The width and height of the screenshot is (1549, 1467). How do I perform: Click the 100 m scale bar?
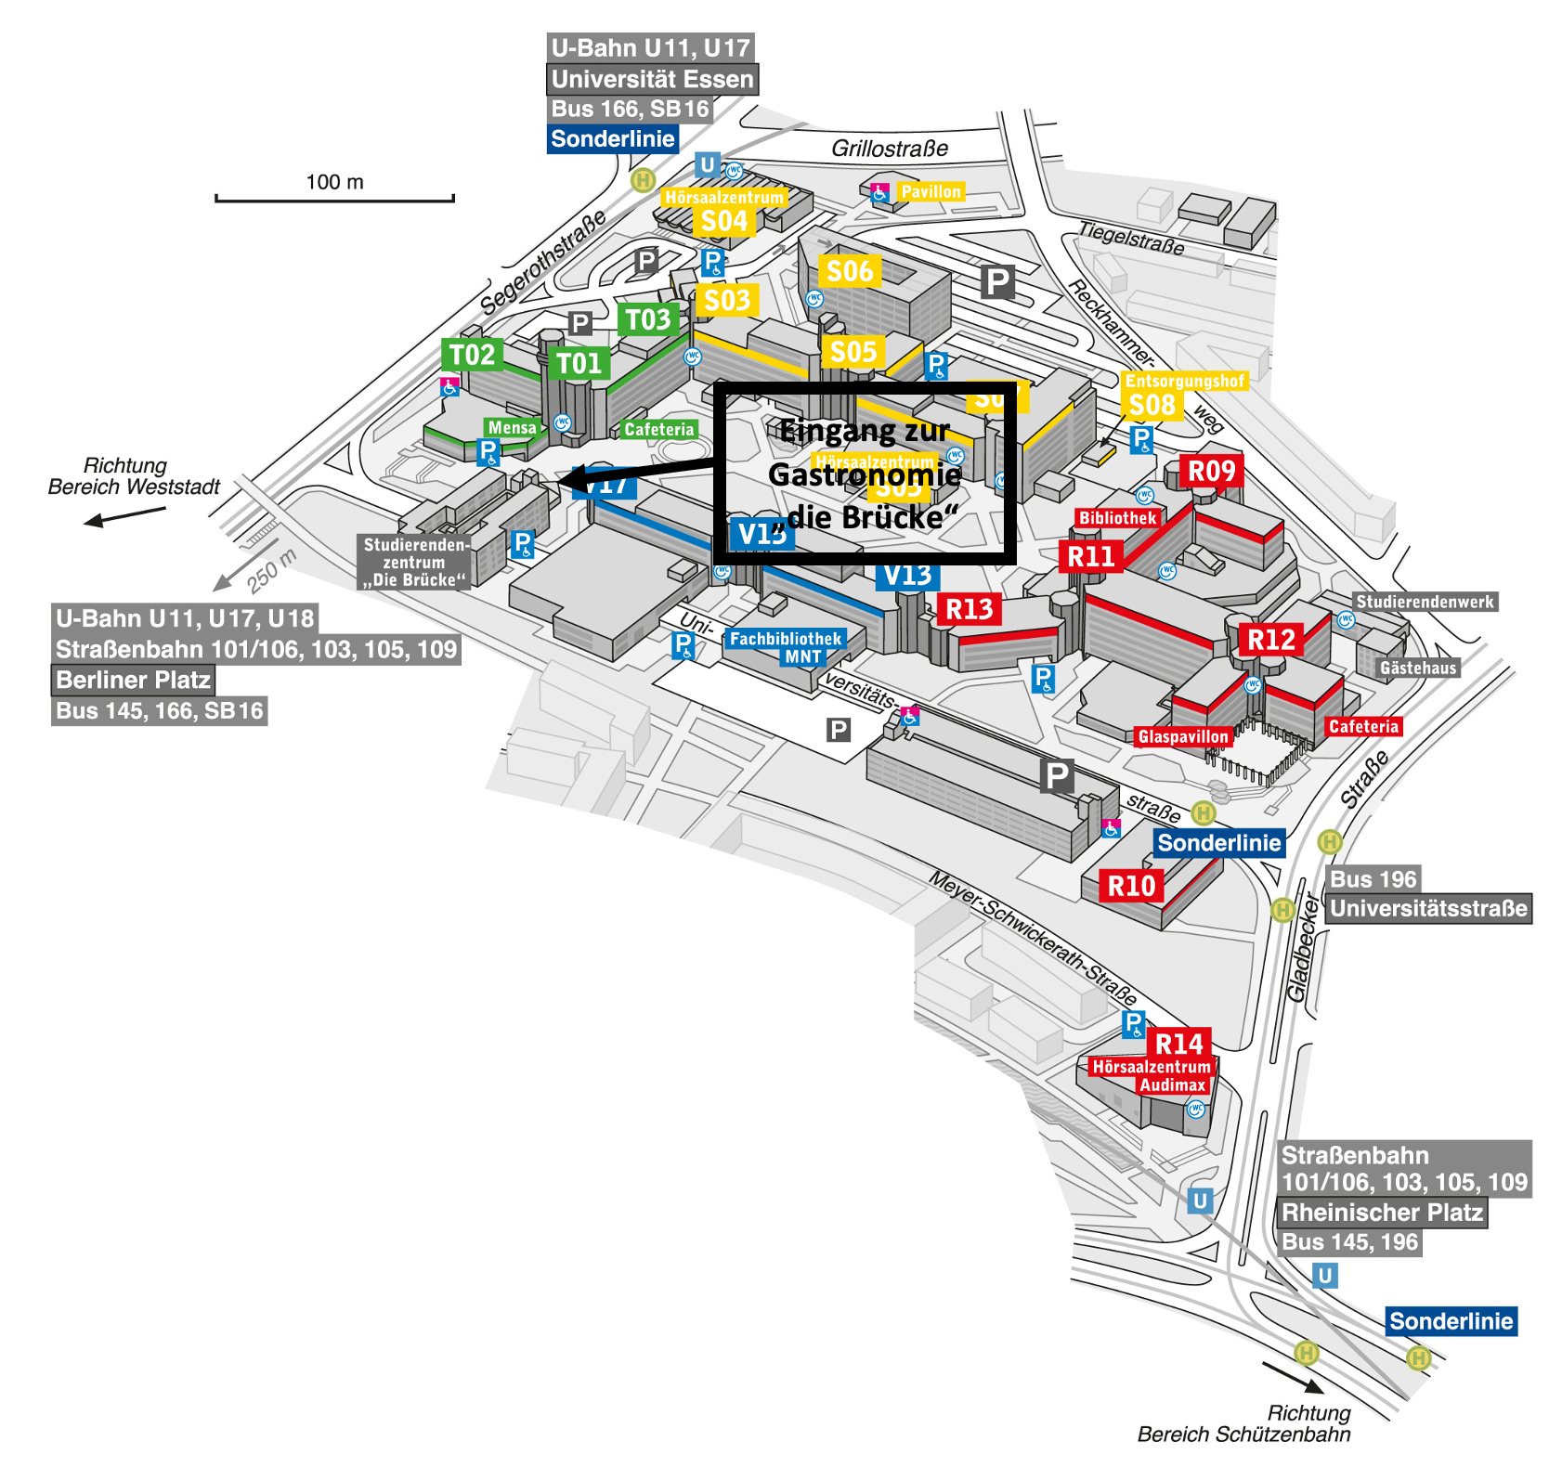pos(334,197)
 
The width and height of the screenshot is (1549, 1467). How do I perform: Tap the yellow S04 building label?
pos(724,221)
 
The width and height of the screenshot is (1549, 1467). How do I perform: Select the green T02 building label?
pos(473,355)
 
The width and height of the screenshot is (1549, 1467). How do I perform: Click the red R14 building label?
pos(1178,1044)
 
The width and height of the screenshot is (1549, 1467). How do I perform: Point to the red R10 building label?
pos(1131,886)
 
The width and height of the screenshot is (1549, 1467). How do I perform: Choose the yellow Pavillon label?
pos(931,192)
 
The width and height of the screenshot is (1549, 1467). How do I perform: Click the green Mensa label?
pos(512,428)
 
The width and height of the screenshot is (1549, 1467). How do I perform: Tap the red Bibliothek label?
pos(1118,518)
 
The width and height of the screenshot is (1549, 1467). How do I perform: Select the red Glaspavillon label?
pos(1183,736)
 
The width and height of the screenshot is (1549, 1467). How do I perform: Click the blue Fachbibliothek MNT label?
pos(786,647)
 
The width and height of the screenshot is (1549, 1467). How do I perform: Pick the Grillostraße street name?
pos(890,149)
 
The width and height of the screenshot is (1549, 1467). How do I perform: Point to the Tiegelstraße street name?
pos(1131,239)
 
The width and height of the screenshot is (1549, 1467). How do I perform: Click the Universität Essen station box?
pos(652,79)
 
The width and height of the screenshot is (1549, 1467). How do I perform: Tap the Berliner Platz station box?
pos(133,680)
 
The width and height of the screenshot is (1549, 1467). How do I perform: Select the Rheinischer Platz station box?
pos(1382,1213)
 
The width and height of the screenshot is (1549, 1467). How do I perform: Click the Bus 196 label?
pos(1373,879)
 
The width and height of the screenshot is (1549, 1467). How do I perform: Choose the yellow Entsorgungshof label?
pos(1184,381)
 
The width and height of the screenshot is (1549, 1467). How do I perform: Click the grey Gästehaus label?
pos(1418,668)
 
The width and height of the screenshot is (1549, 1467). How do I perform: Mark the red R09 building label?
pos(1212,472)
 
